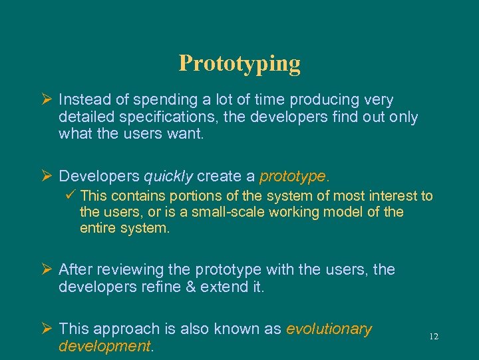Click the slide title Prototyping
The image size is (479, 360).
point(239,63)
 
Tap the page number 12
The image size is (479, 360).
point(434,337)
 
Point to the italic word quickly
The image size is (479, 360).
point(168,176)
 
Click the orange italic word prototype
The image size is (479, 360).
point(292,176)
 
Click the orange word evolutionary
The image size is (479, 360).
point(329,329)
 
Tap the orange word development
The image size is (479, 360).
point(104,346)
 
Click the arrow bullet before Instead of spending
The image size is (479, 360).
point(46,100)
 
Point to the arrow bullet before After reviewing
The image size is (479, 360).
point(46,270)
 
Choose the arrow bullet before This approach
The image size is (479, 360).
point(46,329)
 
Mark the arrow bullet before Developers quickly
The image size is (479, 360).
point(46,176)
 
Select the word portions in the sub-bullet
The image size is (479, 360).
point(194,196)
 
